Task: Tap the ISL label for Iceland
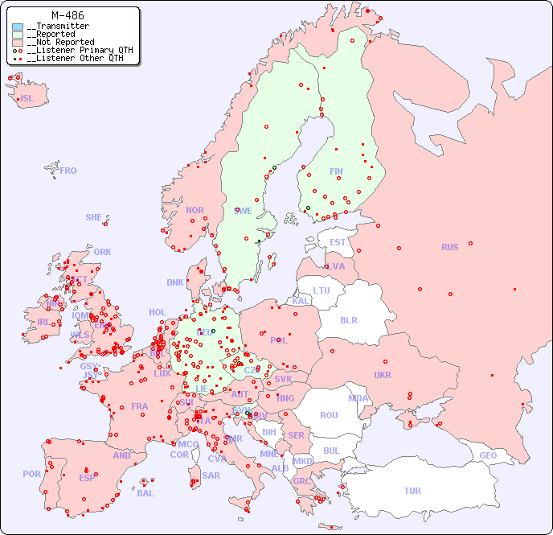27,99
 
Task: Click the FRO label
68,171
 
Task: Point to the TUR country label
412,491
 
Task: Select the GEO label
488,455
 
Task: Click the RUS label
449,247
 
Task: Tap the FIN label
336,171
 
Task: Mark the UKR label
383,375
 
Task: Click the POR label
31,474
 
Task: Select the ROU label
329,415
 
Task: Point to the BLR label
349,319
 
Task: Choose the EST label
338,242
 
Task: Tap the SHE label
94,217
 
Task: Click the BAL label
145,493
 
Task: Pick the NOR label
195,210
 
